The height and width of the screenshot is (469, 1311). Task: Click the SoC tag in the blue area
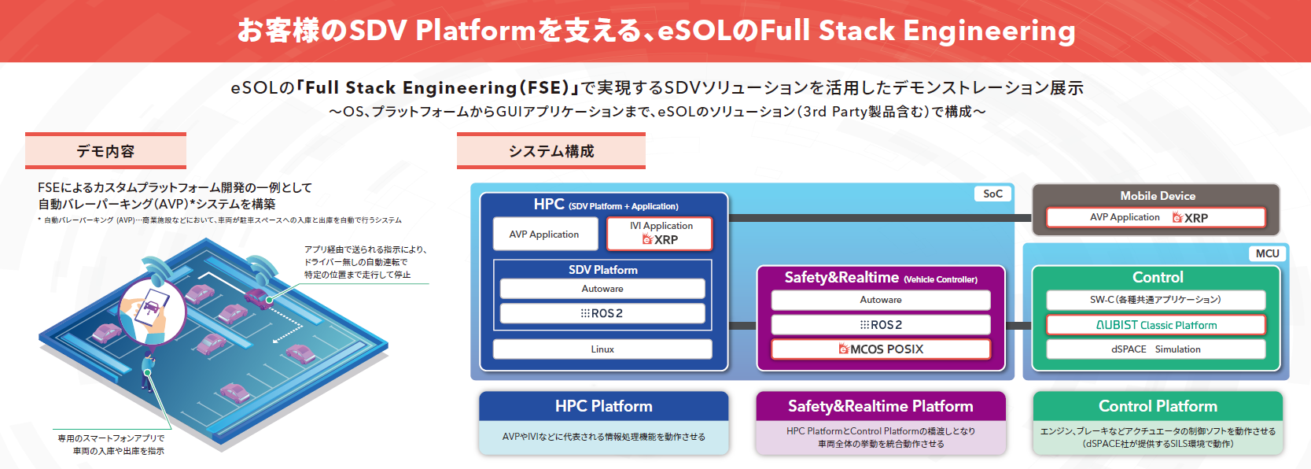[x=992, y=194]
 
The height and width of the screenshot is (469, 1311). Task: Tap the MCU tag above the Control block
[x=1267, y=253]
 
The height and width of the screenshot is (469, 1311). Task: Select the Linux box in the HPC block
[x=602, y=349]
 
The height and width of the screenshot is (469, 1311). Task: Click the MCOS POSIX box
[x=881, y=349]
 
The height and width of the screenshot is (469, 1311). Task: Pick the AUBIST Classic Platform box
[x=1155, y=325]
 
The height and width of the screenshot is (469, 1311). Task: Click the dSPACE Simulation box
[x=1155, y=349]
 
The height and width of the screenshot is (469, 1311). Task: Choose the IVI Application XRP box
[x=660, y=234]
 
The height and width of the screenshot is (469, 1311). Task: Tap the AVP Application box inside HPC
[x=543, y=234]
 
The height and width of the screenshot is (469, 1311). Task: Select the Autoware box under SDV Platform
[x=602, y=289]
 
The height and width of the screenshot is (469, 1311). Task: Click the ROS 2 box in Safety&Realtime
[x=881, y=325]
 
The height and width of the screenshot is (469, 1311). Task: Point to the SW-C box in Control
[x=1155, y=300]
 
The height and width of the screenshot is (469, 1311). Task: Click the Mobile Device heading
[x=1157, y=196]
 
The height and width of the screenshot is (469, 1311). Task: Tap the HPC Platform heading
[x=603, y=406]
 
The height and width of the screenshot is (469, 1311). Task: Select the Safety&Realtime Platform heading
[x=881, y=406]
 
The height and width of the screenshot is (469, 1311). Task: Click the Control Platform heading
[x=1158, y=406]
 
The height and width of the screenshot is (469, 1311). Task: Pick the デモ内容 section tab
[x=105, y=151]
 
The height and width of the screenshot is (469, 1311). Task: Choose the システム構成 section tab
[x=551, y=151]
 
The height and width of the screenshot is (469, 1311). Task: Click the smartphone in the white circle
[x=152, y=308]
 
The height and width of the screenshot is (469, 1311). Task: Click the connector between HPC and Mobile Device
[x=879, y=218]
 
